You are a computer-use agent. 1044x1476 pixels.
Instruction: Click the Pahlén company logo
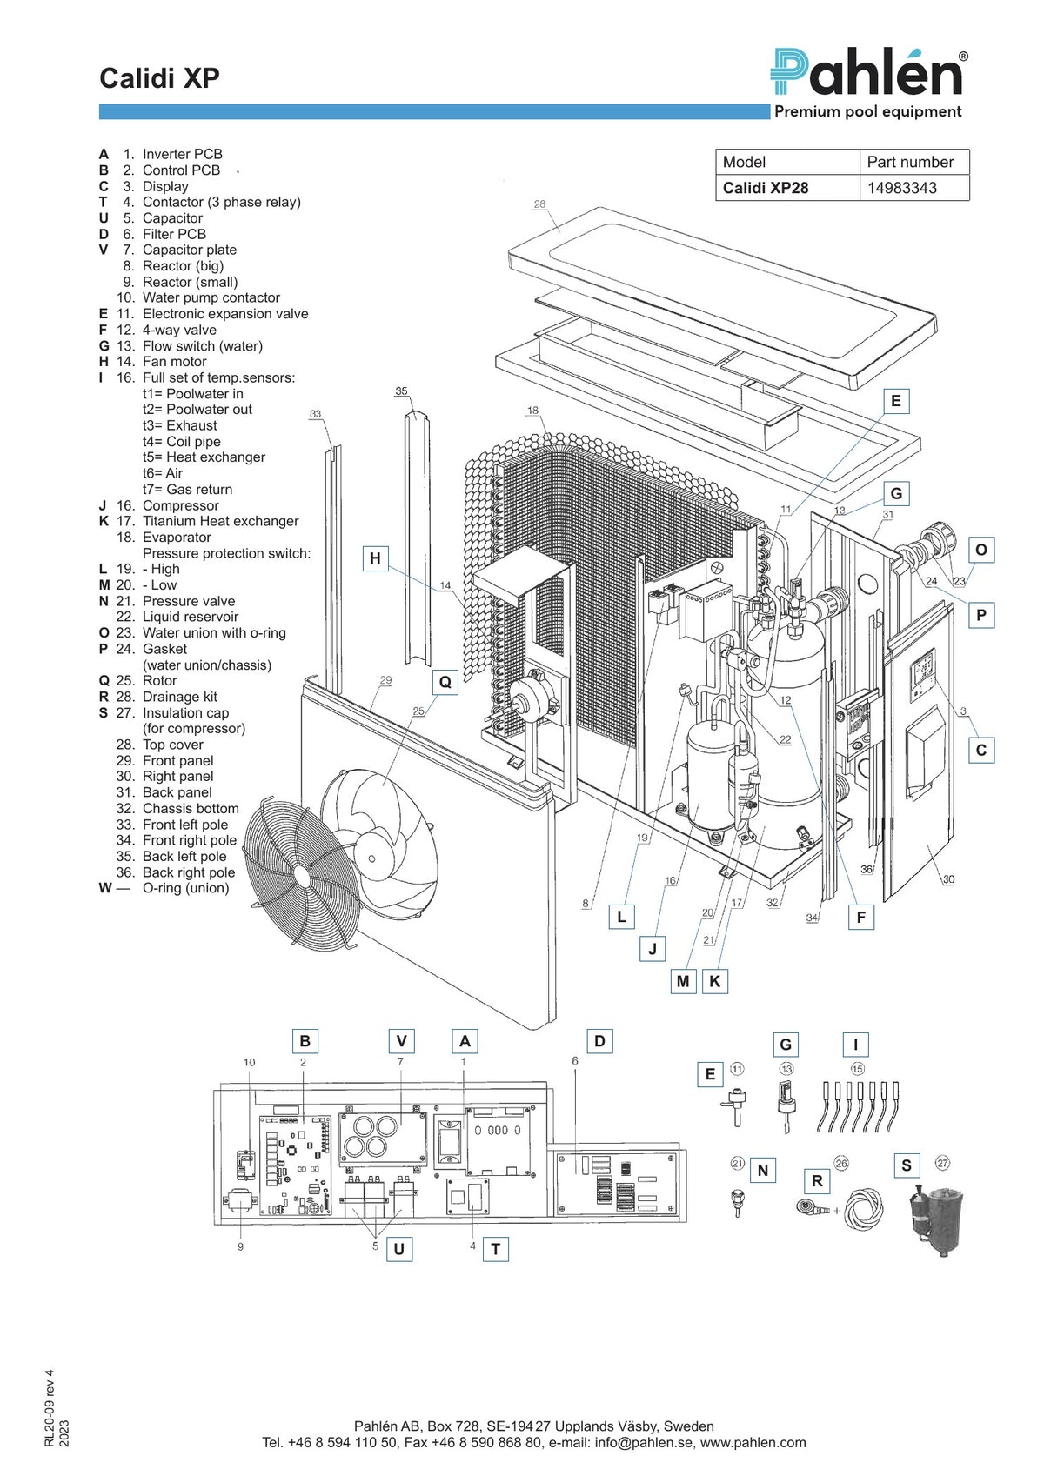click(x=868, y=72)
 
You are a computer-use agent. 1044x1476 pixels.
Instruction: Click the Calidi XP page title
click(x=159, y=77)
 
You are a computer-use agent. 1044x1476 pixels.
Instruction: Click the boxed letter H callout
click(x=375, y=558)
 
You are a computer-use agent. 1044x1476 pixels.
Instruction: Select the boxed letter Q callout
click(x=445, y=682)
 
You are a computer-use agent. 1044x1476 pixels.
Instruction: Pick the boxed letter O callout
click(x=980, y=550)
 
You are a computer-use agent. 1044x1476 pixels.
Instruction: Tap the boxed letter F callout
click(x=860, y=918)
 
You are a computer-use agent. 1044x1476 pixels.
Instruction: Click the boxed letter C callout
click(x=980, y=750)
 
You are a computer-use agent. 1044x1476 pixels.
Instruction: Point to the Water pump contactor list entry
click(x=198, y=297)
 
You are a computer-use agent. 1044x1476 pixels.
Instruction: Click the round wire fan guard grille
click(x=303, y=874)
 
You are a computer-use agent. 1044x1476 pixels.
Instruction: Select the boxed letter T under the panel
click(x=496, y=1249)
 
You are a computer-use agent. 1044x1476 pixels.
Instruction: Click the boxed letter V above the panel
click(x=401, y=1041)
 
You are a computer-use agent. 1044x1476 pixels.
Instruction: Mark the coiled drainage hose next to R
click(x=863, y=1207)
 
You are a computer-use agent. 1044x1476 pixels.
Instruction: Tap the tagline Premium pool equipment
click(x=868, y=111)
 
